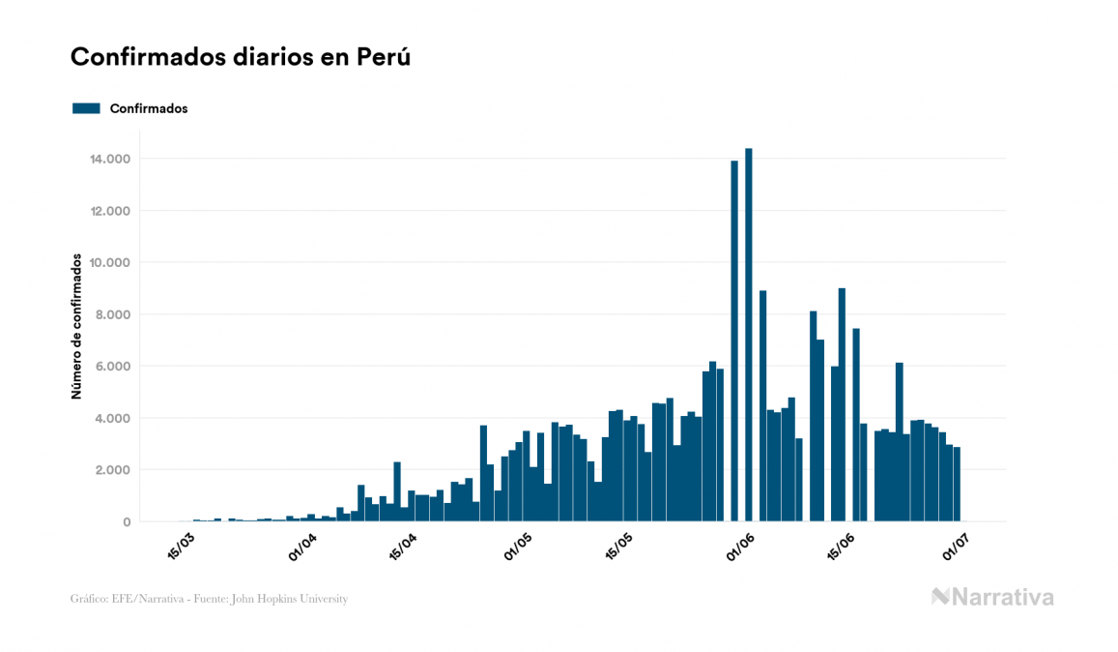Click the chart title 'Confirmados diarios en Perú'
pos(241,57)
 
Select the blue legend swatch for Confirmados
pos(86,108)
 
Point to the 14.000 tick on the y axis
pos(110,159)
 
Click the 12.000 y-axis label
pos(110,211)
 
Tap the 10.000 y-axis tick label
pos(110,263)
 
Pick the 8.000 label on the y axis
pos(113,314)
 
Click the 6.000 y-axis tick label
pos(113,367)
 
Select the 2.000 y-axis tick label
pos(113,470)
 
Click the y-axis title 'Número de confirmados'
pos(75,326)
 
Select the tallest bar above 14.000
pos(749,335)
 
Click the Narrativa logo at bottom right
pos(992,597)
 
